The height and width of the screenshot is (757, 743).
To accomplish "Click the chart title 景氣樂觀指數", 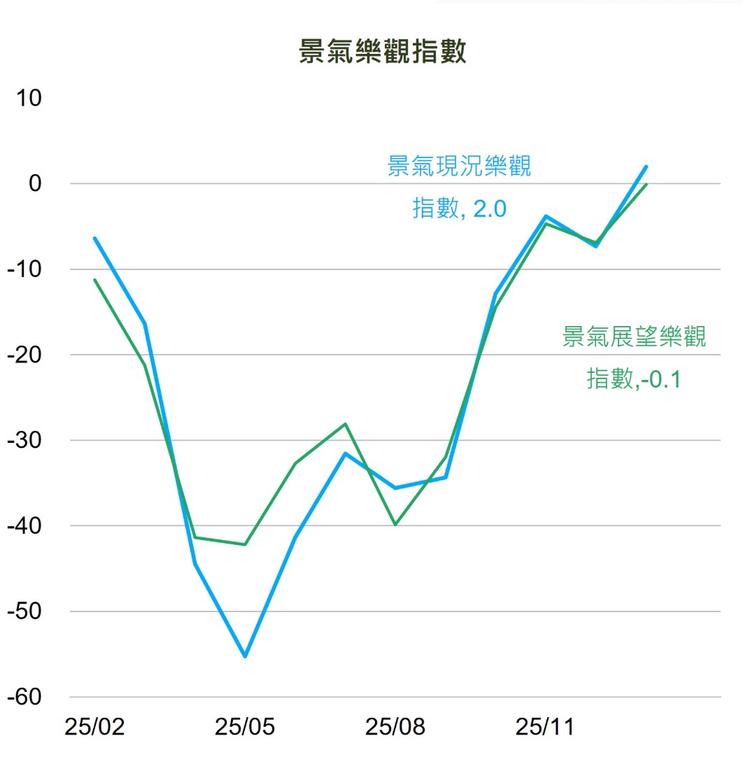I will coord(382,53).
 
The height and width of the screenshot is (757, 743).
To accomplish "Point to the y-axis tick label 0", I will coord(35,183).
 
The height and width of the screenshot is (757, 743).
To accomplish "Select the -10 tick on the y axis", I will coord(24,269).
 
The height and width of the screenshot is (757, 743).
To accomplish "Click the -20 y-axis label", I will coord(24,355).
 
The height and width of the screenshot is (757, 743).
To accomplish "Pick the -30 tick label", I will coord(24,441).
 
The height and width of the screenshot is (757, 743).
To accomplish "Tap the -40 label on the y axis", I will coord(24,526).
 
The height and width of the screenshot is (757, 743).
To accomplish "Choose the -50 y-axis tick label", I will coord(24,611).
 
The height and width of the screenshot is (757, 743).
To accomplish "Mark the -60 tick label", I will coord(24,698).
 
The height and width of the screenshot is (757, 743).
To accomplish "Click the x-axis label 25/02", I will coord(94,728).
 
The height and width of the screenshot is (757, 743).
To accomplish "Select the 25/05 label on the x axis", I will coord(245,728).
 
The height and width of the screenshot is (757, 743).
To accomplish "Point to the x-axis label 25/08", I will coord(395,728).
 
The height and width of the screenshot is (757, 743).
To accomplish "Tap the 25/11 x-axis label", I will coord(545,728).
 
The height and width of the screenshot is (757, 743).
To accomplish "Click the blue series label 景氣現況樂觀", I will coord(459,167).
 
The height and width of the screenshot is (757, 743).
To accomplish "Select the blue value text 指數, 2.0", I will coord(459,208).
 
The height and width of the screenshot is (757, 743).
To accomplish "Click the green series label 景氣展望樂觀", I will coord(634,337).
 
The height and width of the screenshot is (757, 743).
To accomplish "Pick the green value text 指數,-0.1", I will coord(634,378).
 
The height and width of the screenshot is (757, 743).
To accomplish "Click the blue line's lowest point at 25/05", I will coord(245,656).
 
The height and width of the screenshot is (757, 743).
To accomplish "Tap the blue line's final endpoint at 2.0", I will coord(646,167).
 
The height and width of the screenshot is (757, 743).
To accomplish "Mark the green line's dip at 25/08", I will coord(395,524).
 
